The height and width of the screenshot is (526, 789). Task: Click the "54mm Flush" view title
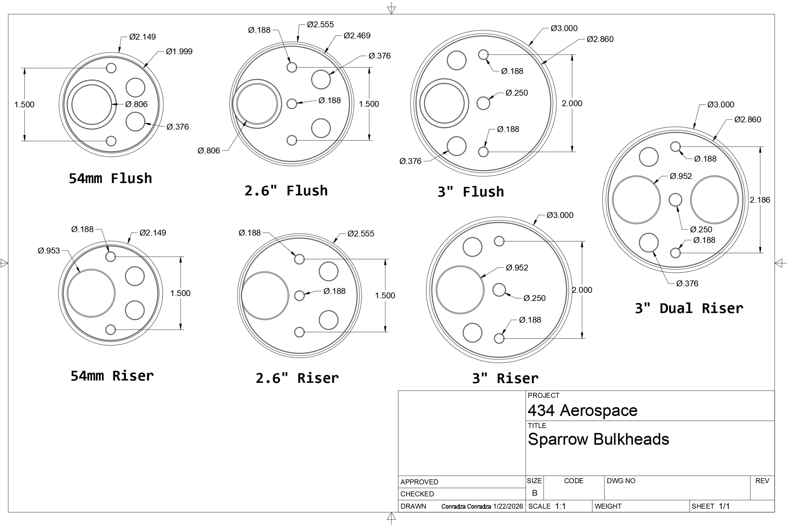point(110,179)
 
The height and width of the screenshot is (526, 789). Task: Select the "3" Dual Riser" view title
point(689,308)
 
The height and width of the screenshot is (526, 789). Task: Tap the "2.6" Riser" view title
point(297,378)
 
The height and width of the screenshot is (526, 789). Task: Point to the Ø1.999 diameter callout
point(179,51)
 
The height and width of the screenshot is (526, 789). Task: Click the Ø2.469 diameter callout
point(357,35)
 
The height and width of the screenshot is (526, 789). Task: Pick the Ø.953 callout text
point(49,251)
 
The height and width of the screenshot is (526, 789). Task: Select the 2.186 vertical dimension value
point(760,200)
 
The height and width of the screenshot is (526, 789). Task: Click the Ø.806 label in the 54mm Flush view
point(137,104)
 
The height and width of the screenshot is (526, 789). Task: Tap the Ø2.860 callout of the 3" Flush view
point(600,39)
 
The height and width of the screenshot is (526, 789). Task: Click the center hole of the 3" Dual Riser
point(675,199)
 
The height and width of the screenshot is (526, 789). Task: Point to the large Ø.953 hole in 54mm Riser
point(91,293)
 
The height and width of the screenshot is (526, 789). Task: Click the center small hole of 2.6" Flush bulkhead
point(292,104)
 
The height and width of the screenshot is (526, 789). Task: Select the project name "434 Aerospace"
point(583,410)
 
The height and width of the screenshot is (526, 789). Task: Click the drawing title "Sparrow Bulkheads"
point(598,439)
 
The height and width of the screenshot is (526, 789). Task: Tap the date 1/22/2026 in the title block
point(508,506)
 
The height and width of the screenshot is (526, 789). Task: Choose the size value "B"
point(534,493)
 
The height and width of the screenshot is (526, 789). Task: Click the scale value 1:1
point(560,506)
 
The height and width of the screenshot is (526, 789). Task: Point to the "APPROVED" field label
point(419,482)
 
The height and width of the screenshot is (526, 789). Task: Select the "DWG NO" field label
point(621,481)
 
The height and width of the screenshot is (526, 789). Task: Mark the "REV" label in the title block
point(762,481)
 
